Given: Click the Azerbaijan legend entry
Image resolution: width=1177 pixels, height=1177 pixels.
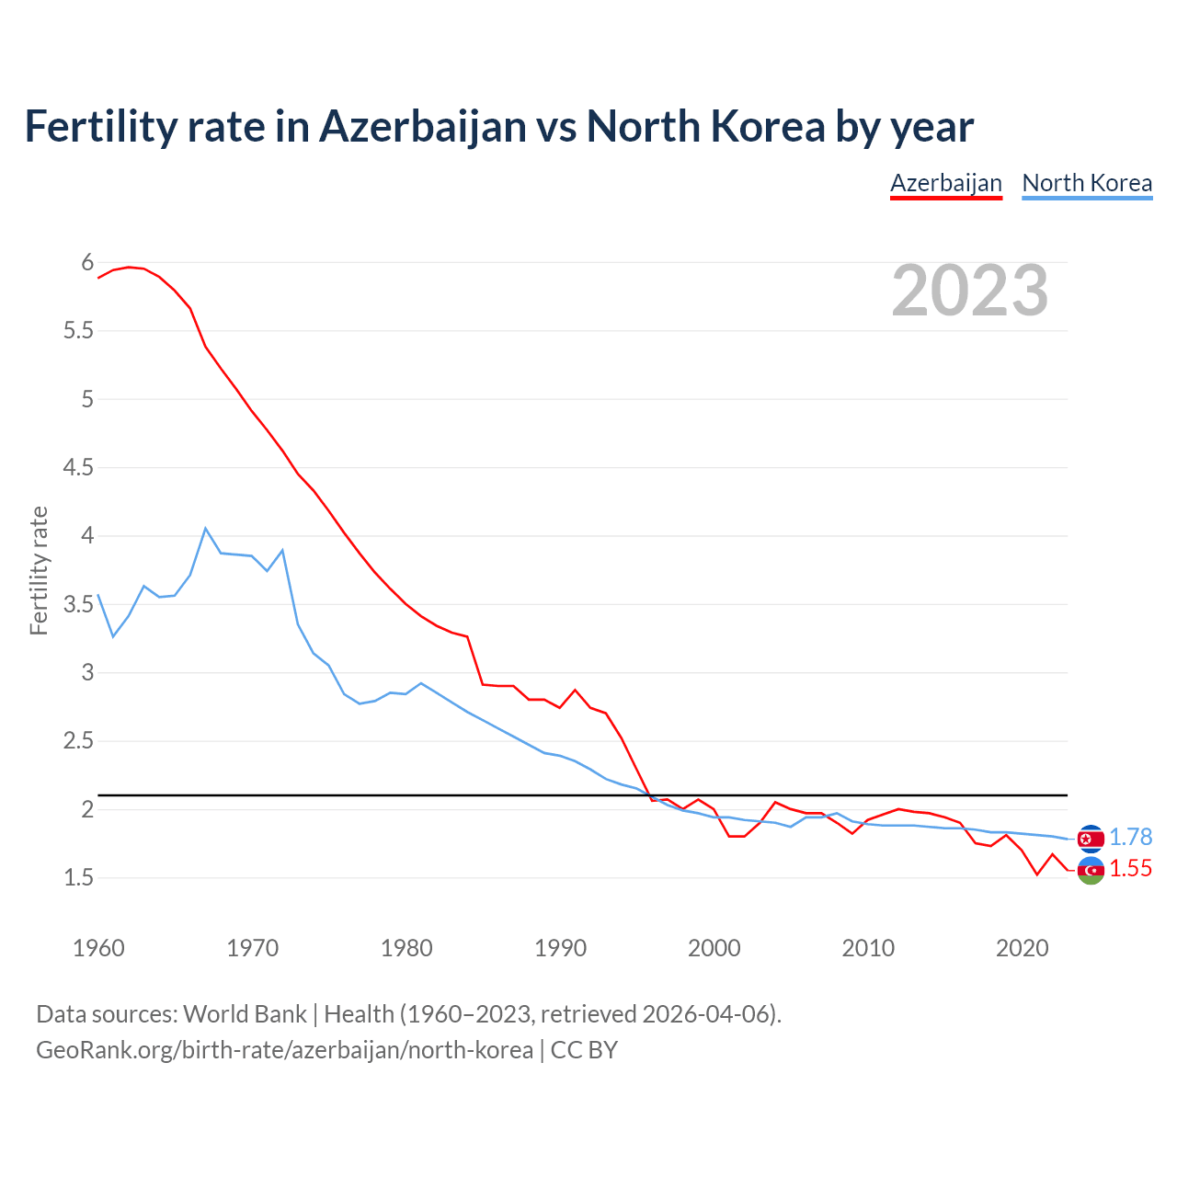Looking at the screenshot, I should coord(945,183).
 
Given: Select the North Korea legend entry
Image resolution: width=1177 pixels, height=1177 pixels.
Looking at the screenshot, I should coord(1087,183).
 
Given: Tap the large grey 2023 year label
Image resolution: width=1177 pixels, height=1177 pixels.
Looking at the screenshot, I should coord(969,291).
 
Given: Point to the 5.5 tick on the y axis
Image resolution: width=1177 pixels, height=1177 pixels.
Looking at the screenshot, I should coord(78,331).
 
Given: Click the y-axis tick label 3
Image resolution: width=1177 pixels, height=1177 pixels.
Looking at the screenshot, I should coord(87,673).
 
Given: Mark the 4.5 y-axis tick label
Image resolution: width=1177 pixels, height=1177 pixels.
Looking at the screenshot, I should coord(78,468).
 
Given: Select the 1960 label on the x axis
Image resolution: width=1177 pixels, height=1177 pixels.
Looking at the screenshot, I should coord(98,948).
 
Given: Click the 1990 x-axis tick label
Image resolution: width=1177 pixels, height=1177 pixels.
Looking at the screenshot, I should coord(560,948).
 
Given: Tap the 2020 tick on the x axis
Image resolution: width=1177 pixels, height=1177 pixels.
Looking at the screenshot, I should coord(1022,948).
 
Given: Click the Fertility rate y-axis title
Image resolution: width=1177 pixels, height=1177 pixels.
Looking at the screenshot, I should coord(39,570).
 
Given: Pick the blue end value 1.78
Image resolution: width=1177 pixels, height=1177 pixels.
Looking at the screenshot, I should coord(1130,838).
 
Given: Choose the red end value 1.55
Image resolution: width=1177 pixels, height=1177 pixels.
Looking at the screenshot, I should coord(1130,869).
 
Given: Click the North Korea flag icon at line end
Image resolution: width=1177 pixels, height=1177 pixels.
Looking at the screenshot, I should coord(1091,838).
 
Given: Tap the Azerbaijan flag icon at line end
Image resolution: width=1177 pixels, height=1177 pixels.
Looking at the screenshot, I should coord(1091,870).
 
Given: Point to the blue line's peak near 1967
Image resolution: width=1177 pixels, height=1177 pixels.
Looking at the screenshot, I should coord(206,529).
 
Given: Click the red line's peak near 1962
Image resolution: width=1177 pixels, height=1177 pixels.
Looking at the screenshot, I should coord(129,267).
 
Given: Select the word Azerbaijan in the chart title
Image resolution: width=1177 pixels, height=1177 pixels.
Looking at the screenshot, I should coord(422,127).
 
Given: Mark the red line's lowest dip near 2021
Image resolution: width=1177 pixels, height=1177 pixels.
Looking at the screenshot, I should coord(1037,874).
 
